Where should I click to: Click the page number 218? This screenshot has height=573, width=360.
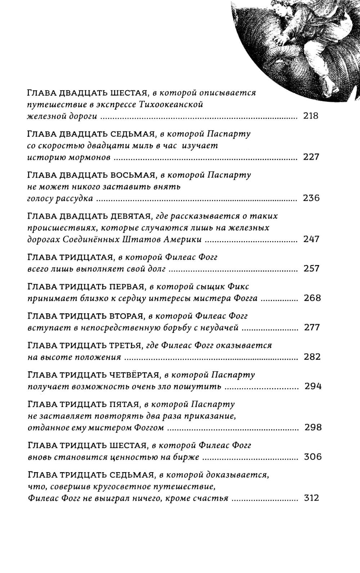(x=311, y=116)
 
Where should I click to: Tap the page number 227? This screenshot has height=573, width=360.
(x=311, y=157)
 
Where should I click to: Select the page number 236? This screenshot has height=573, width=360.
(x=311, y=198)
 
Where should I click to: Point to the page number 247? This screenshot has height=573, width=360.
(x=311, y=239)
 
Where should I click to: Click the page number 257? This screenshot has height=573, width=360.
(x=311, y=269)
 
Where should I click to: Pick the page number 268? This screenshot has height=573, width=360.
(x=312, y=298)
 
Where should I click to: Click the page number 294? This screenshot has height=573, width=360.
(x=313, y=387)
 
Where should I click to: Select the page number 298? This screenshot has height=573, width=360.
(x=313, y=428)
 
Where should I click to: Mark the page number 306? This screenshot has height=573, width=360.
(x=312, y=457)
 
